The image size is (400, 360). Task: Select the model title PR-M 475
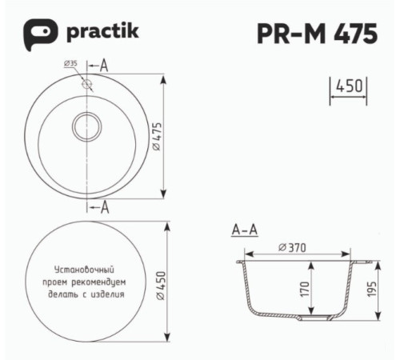coord(318,34)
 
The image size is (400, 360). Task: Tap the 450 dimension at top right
coord(348,86)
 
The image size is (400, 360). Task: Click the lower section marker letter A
coord(105,208)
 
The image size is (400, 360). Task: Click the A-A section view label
coord(244,230)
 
